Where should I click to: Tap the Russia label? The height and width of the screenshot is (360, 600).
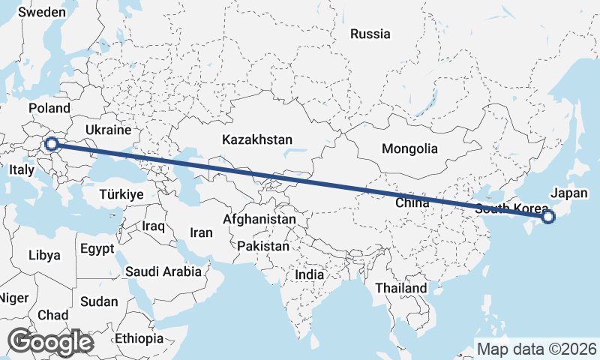pyautogui.click(x=370, y=34)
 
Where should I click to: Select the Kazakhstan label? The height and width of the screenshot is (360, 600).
pyautogui.click(x=257, y=139)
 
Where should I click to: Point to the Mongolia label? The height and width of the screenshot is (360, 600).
pyautogui.click(x=409, y=148)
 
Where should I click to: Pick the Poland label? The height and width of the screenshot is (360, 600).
pyautogui.click(x=49, y=109)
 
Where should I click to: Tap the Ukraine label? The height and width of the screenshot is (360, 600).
pyautogui.click(x=108, y=130)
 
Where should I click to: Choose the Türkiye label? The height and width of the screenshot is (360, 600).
pyautogui.click(x=121, y=194)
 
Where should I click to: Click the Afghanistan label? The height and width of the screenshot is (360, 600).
pyautogui.click(x=259, y=219)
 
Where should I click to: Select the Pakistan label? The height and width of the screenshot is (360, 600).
pyautogui.click(x=262, y=246)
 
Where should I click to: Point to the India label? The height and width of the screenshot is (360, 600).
pyautogui.click(x=310, y=274)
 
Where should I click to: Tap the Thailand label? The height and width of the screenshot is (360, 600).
pyautogui.click(x=401, y=287)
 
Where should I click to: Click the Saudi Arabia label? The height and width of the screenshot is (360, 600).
pyautogui.click(x=163, y=271)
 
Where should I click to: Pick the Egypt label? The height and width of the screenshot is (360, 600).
pyautogui.click(x=97, y=248)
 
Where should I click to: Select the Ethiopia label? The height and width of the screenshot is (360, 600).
pyautogui.click(x=139, y=338)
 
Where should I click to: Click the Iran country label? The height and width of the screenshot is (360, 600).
pyautogui.click(x=201, y=232)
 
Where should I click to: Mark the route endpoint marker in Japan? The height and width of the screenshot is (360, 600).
pyautogui.click(x=547, y=217)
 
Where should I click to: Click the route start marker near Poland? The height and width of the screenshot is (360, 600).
pyautogui.click(x=52, y=144)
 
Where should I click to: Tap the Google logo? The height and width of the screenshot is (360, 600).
pyautogui.click(x=51, y=341)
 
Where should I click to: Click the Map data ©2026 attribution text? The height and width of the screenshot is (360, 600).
pyautogui.click(x=537, y=349)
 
